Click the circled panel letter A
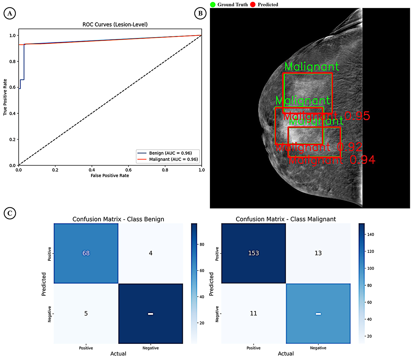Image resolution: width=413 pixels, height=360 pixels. (x=10, y=13)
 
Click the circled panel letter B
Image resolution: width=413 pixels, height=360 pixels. (x=200, y=13)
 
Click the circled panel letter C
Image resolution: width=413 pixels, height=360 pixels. (x=10, y=213)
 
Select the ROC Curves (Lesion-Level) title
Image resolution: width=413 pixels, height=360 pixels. (x=115, y=24)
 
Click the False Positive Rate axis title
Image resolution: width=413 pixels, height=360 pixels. (x=110, y=176)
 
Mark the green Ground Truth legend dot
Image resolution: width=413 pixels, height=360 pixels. (x=213, y=4)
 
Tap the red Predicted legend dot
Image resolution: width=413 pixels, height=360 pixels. (x=253, y=4)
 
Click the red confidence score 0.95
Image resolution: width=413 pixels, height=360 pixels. (x=357, y=116)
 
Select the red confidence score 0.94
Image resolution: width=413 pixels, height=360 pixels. (x=362, y=160)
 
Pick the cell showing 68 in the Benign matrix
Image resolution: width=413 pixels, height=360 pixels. (x=86, y=253)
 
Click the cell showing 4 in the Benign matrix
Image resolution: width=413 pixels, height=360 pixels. (x=150, y=253)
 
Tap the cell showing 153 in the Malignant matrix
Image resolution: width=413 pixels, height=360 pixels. (x=254, y=253)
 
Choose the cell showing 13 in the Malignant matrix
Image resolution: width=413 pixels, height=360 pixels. (x=318, y=253)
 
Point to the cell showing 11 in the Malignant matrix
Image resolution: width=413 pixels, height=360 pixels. (x=254, y=313)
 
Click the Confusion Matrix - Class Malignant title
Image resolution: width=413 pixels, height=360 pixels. (x=286, y=219)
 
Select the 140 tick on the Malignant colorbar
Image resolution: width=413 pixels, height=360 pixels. (x=371, y=235)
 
